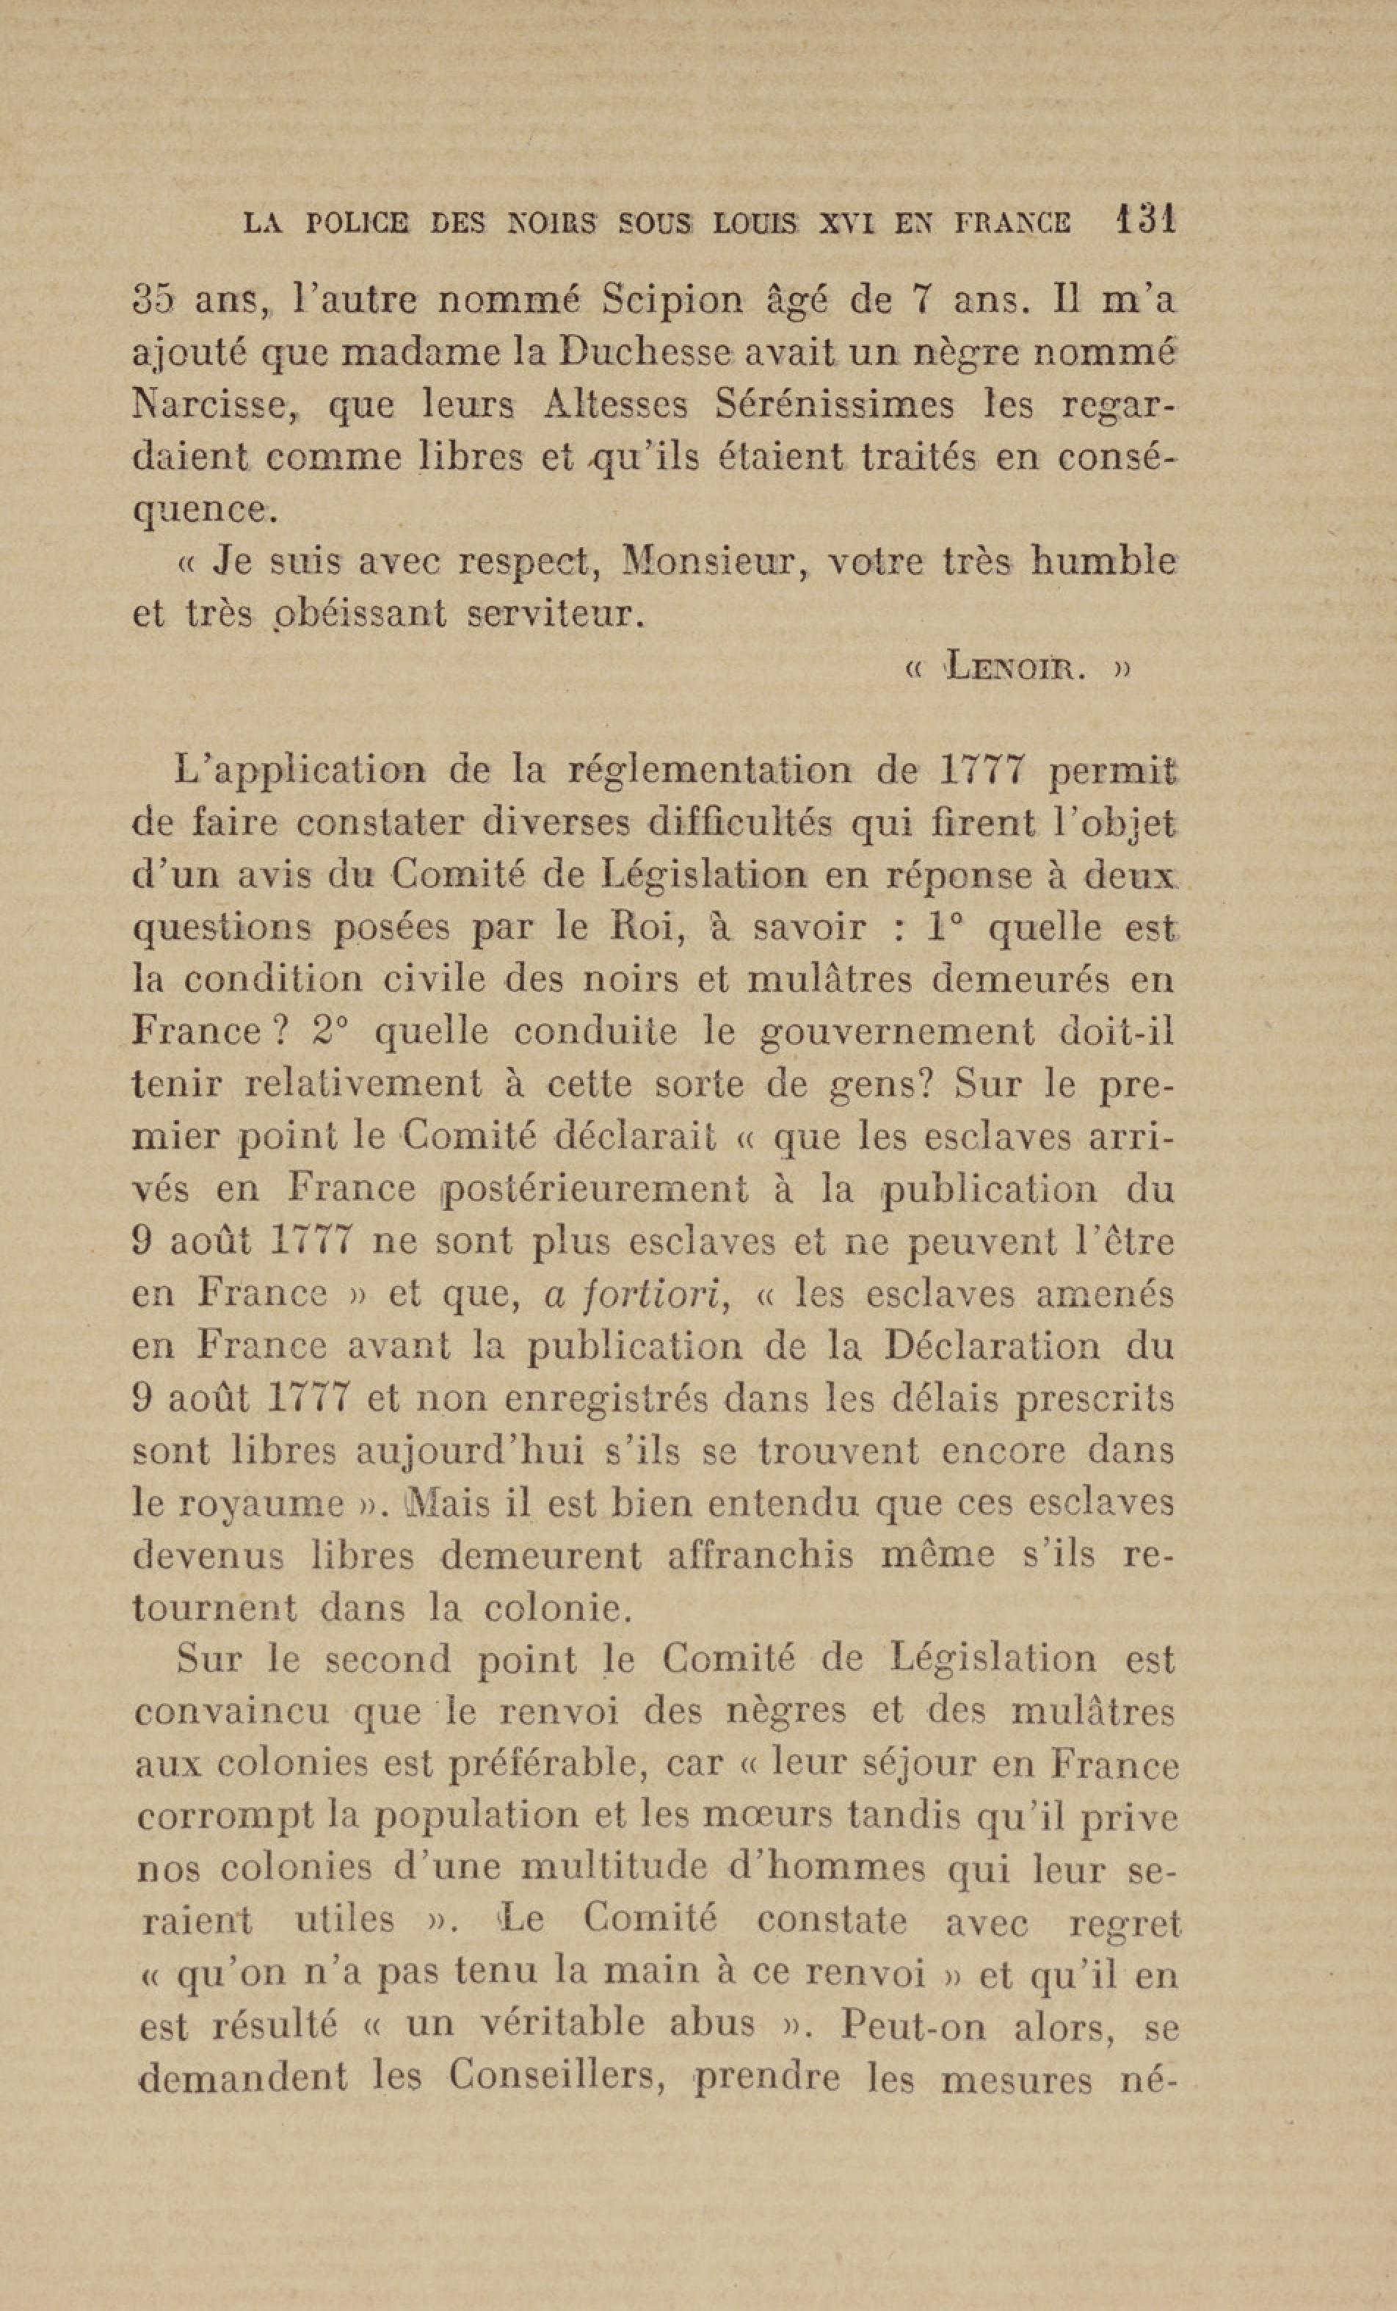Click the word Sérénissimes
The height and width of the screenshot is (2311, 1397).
tap(835, 405)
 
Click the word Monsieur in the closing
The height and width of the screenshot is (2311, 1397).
tap(703, 562)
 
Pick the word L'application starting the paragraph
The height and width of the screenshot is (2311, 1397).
tap(299, 773)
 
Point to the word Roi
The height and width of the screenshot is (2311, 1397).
tap(637, 927)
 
